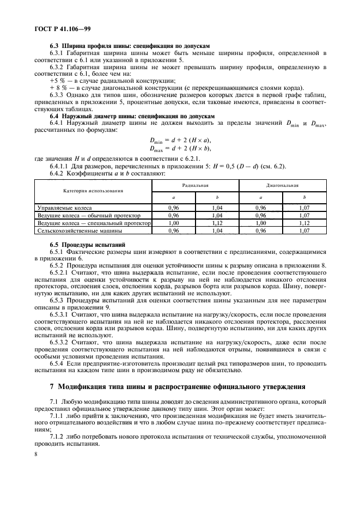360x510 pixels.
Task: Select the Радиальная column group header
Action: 196,185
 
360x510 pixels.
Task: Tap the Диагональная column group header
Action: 283,185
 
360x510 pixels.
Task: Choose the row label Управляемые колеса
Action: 64,208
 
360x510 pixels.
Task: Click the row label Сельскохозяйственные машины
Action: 77,230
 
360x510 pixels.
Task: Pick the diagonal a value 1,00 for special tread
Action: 261,223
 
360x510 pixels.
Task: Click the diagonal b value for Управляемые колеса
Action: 304,208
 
